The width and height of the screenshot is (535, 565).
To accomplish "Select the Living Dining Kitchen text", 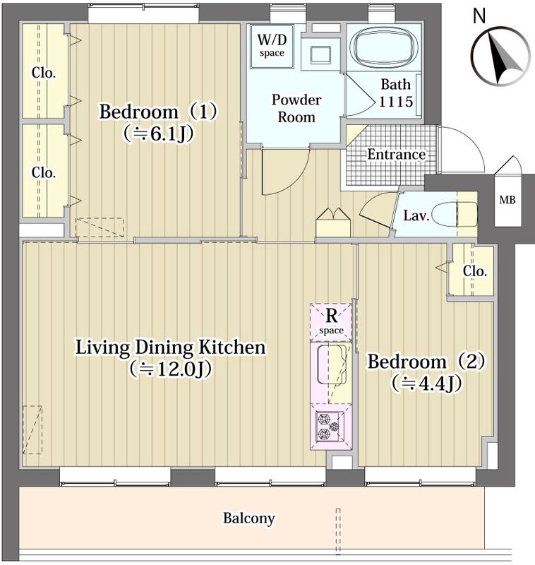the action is click(x=171, y=347).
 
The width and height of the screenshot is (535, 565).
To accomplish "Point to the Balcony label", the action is click(x=248, y=518).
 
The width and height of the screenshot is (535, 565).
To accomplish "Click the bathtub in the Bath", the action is click(x=385, y=47).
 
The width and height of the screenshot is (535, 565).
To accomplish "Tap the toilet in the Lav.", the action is click(x=454, y=215).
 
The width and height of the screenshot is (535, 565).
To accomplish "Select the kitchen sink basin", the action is click(x=331, y=364).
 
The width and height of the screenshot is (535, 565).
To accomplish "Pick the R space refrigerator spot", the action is click(x=331, y=322).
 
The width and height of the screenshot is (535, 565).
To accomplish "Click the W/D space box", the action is click(x=272, y=46).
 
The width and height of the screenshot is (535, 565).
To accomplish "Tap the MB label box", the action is click(x=507, y=201).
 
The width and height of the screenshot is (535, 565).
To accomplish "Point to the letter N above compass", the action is click(x=479, y=16).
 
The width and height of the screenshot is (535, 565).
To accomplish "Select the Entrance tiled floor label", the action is click(x=396, y=155).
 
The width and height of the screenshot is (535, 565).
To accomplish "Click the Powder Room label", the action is click(x=296, y=109).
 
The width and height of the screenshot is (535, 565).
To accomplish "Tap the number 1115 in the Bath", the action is click(x=396, y=102).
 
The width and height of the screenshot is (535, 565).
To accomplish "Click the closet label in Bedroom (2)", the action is click(x=475, y=271).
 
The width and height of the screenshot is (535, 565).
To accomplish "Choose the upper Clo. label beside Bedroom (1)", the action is click(x=44, y=73).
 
